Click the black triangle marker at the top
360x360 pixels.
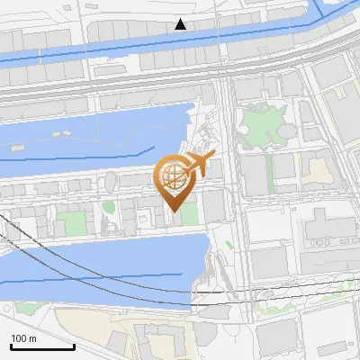tap(181, 23)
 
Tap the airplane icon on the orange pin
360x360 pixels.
tap(199, 165)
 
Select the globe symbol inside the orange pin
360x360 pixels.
tap(173, 174)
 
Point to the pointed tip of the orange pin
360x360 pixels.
tap(172, 211)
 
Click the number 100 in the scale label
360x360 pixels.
tap(18, 338)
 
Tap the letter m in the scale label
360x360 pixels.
tap(32, 338)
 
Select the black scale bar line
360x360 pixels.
tap(42, 346)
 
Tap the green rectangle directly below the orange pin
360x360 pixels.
tap(189, 213)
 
